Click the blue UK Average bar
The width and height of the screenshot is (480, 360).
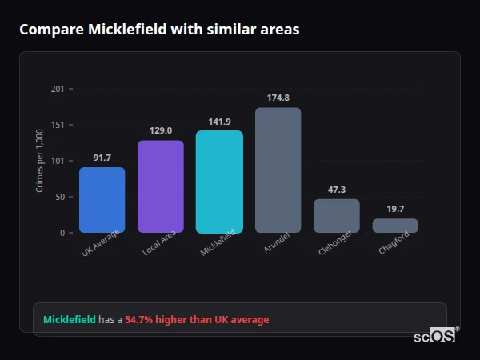[102, 200]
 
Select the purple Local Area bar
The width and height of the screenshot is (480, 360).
[161, 186]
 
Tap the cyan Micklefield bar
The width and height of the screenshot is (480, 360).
[219, 182]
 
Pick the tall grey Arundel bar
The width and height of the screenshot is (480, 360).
[278, 170]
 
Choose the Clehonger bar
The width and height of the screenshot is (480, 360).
[337, 216]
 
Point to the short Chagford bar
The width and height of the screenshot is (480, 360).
[395, 226]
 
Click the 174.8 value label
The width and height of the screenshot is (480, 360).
[278, 98]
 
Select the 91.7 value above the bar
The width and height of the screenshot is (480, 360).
[102, 158]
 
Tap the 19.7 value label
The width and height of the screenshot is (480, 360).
[395, 209]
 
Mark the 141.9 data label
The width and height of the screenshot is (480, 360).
[219, 122]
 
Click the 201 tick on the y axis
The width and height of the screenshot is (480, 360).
[58, 89]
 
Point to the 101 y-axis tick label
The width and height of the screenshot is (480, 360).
[58, 161]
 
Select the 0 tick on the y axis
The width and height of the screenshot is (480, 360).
[62, 233]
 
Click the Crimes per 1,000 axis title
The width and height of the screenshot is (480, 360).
[39, 161]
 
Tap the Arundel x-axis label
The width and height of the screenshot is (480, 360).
[276, 244]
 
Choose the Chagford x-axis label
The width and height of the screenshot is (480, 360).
[394, 243]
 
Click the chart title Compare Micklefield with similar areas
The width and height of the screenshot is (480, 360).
[159, 30]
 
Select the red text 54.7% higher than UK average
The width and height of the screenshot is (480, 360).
[197, 320]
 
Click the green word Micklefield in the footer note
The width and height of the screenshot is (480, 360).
[69, 320]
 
